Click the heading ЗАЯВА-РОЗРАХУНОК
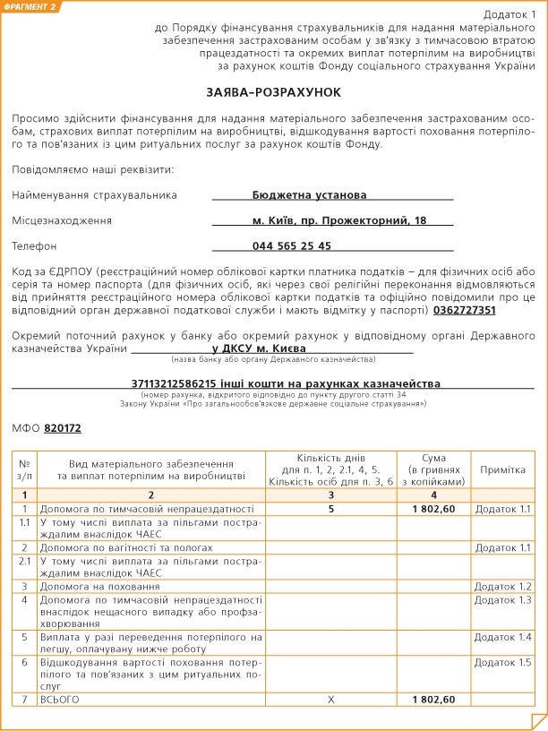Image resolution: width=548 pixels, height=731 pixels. pyautogui.click(x=274, y=92)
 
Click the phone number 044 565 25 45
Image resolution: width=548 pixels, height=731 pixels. pyautogui.click(x=292, y=245)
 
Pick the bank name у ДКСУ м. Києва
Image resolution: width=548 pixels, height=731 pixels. pyautogui.click(x=259, y=347)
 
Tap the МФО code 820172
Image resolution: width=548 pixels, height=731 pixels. pyautogui.click(x=63, y=428)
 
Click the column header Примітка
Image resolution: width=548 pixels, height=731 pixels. pyautogui.click(x=502, y=469)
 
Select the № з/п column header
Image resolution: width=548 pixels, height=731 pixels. pyautogui.click(x=24, y=469)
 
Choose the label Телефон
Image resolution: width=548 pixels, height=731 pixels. pyautogui.click(x=35, y=245)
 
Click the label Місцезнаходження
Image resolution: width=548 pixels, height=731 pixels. pyautogui.click(x=62, y=220)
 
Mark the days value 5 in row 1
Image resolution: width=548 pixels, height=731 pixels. pyautogui.click(x=331, y=509)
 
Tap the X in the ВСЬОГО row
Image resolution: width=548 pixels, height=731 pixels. pyautogui.click(x=331, y=699)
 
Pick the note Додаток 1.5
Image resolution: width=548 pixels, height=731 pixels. pyautogui.click(x=502, y=662)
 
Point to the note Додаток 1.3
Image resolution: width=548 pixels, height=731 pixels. pyautogui.click(x=502, y=599)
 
